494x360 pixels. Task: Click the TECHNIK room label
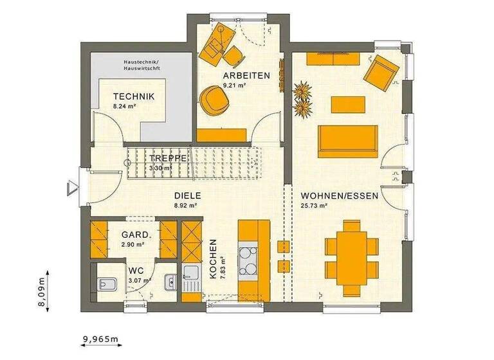134,96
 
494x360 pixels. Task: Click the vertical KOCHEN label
213,258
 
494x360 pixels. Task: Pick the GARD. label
135,235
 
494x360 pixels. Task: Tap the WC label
135,271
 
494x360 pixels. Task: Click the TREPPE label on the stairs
168,158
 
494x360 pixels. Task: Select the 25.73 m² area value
315,206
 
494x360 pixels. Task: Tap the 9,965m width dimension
100,338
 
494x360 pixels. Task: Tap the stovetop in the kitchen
248,260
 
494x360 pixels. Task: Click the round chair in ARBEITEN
212,102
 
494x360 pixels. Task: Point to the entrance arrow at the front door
70,187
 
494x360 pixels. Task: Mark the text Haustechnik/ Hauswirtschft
142,65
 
